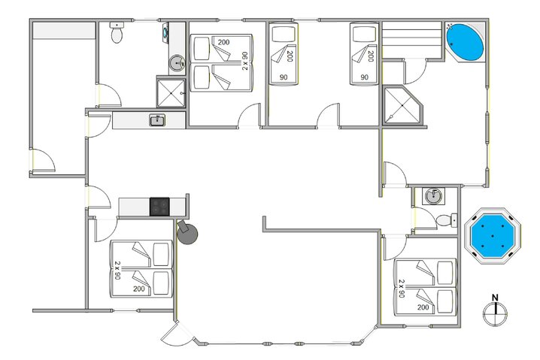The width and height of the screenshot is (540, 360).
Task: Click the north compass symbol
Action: [x=495, y=314]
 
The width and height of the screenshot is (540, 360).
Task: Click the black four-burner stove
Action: [x=159, y=206]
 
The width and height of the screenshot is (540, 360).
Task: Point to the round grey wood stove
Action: [x=187, y=234]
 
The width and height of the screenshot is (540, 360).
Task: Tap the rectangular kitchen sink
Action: [x=157, y=120]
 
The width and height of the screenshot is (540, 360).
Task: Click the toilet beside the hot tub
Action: [x=446, y=219]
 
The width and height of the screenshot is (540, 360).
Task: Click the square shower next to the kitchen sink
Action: [x=171, y=92]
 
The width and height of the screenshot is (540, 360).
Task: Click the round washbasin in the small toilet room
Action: [x=433, y=196]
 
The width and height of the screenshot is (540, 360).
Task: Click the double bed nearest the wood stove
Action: [x=142, y=268]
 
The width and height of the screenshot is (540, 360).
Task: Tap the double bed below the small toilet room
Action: [x=426, y=286]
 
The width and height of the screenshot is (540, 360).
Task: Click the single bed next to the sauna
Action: [x=364, y=53]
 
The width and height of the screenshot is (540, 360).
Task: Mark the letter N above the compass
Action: [x=495, y=298]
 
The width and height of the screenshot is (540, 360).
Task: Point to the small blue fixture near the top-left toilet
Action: [x=165, y=33]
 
